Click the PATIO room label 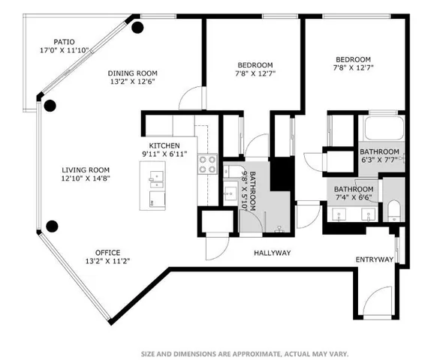(64, 42)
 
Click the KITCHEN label (164, 145)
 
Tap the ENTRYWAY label (374, 259)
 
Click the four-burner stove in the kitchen (206, 169)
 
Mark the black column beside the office (52, 226)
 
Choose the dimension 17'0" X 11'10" (64, 51)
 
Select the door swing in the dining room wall (192, 99)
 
